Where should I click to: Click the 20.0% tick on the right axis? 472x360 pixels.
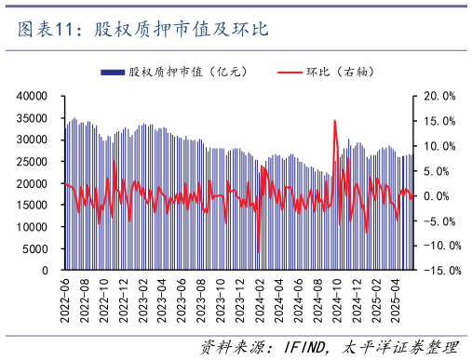[438, 96]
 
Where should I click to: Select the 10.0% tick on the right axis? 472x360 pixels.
[438, 146]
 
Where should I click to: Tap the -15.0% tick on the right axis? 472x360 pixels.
[437, 270]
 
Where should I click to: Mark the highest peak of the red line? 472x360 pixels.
[334, 121]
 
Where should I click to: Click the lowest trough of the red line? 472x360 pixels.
[258, 252]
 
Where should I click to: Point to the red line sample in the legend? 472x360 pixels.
[290, 72]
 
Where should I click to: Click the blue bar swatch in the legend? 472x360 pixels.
[113, 72]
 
